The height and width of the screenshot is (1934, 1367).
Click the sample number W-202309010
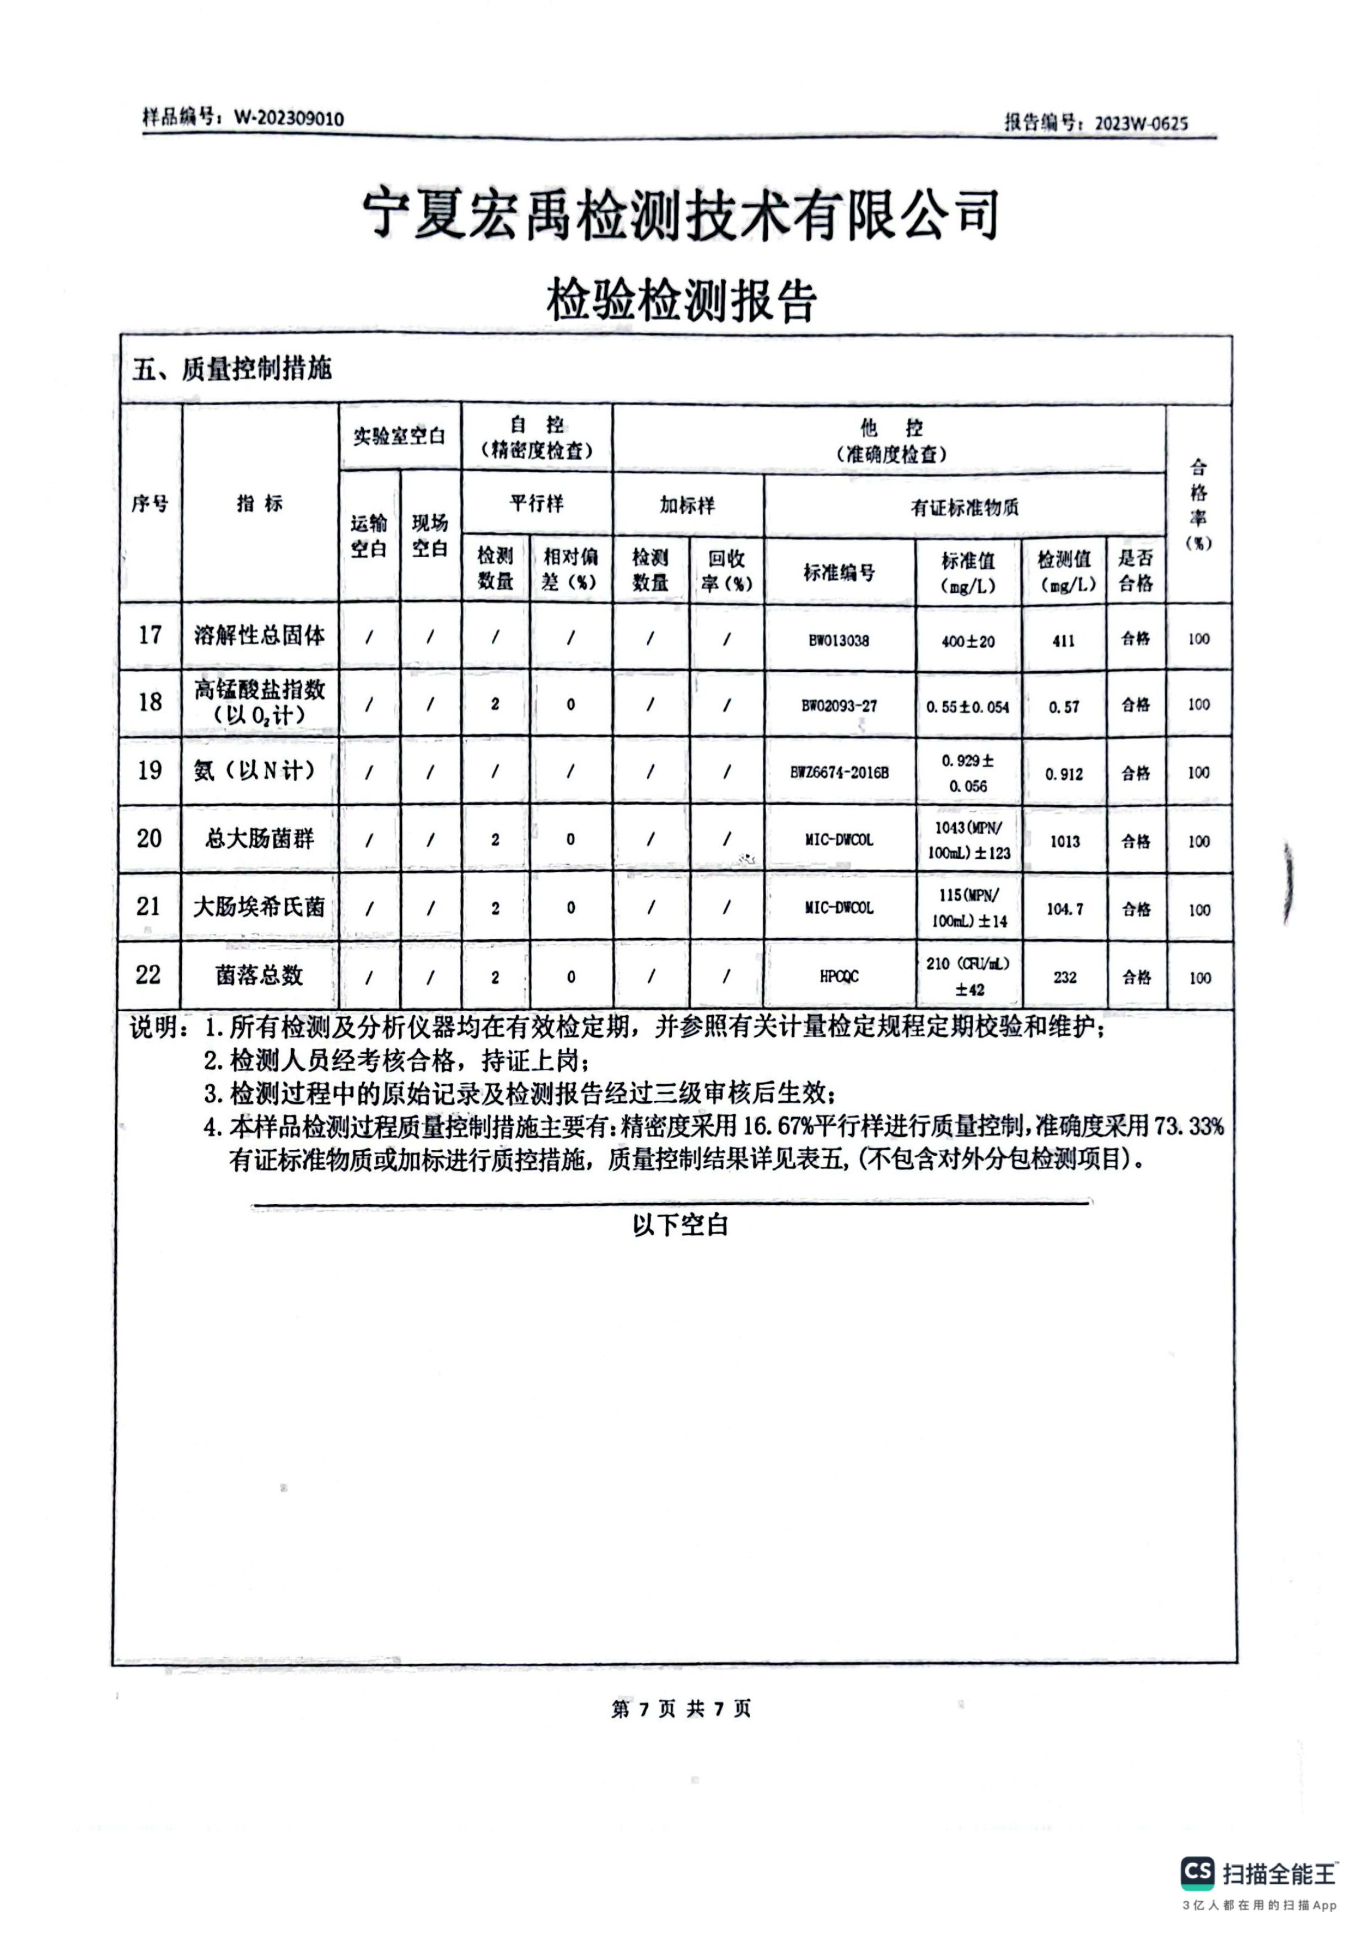[289, 118]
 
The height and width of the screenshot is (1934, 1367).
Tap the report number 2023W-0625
[1141, 123]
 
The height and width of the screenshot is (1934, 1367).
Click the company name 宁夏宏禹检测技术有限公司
[681, 213]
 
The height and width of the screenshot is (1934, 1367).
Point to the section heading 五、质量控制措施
[232, 368]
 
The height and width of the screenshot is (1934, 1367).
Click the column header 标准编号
[839, 573]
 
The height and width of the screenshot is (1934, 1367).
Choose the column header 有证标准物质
[965, 507]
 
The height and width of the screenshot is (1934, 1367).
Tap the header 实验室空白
[399, 437]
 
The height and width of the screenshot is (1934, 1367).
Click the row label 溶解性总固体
[260, 636]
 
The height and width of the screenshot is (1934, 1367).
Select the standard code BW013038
[839, 640]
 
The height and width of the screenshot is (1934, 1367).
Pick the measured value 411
[1064, 641]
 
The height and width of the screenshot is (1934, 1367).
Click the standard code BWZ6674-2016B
[839, 772]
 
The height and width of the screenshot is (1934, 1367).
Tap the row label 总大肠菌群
[260, 839]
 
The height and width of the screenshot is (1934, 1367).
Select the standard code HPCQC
[839, 977]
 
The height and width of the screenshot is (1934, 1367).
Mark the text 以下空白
[681, 1226]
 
